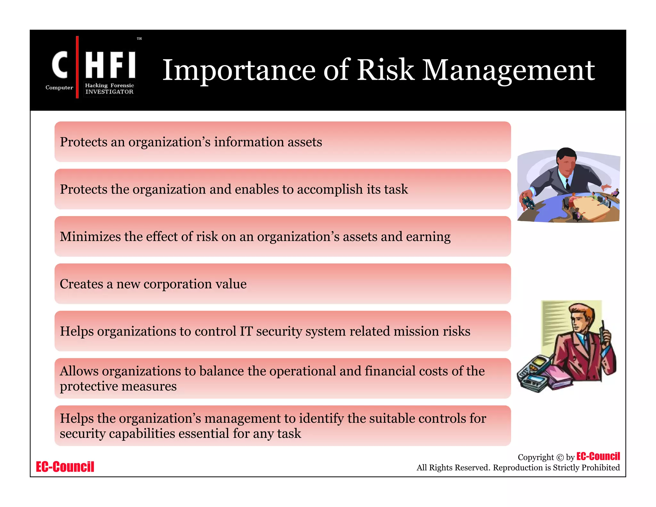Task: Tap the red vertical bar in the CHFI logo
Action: pyautogui.click(x=77, y=67)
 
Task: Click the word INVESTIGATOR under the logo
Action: pyautogui.click(x=109, y=92)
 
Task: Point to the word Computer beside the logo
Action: pyautogui.click(x=59, y=87)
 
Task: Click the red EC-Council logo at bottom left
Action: pyautogui.click(x=65, y=467)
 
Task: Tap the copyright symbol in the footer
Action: pyautogui.click(x=560, y=458)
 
